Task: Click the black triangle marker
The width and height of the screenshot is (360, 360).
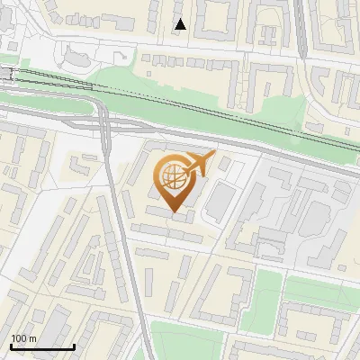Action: pyautogui.click(x=181, y=24)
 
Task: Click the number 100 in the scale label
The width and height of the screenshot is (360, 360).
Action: pyautogui.click(x=20, y=338)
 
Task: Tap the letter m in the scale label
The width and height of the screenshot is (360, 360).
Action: pyautogui.click(x=33, y=338)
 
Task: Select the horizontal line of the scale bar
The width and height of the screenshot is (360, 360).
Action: pyautogui.click(x=42, y=346)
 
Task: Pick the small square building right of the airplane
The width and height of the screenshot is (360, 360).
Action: pyautogui.click(x=224, y=165)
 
